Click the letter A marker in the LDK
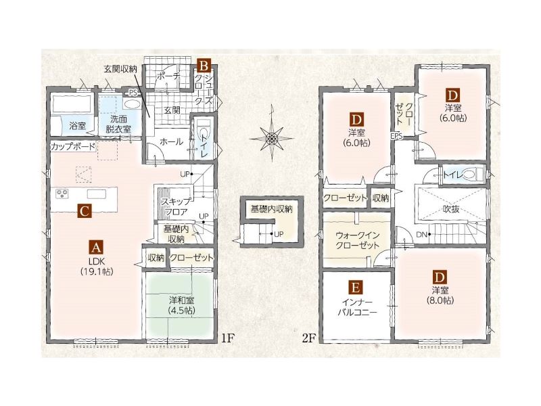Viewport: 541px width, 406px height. pyautogui.click(x=96, y=247)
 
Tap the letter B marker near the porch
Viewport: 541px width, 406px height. pyautogui.click(x=204, y=65)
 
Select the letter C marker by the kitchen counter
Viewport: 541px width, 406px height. pyautogui.click(x=85, y=210)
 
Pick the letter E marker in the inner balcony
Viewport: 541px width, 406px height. pyautogui.click(x=356, y=287)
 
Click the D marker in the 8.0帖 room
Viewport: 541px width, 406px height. pyautogui.click(x=440, y=277)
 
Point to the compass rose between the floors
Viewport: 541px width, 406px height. pyautogui.click(x=272, y=139)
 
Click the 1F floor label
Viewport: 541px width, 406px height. pyautogui.click(x=228, y=338)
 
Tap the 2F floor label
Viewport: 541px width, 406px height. pyautogui.click(x=309, y=338)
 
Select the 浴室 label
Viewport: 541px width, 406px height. pyautogui.click(x=77, y=125)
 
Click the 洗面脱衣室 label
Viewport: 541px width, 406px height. pyautogui.click(x=118, y=124)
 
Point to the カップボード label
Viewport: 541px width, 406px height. pyautogui.click(x=73, y=146)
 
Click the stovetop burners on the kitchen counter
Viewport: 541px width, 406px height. pyautogui.click(x=62, y=194)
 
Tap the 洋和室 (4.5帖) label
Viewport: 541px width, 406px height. pyautogui.click(x=182, y=305)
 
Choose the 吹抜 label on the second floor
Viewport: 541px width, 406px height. pyautogui.click(x=451, y=208)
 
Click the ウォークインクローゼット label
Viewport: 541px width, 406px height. pyautogui.click(x=358, y=240)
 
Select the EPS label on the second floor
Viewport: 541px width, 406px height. pyautogui.click(x=397, y=136)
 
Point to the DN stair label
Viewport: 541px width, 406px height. pyautogui.click(x=421, y=235)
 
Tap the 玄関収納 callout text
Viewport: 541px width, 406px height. pyautogui.click(x=120, y=69)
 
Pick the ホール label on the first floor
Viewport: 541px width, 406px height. pyautogui.click(x=171, y=141)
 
